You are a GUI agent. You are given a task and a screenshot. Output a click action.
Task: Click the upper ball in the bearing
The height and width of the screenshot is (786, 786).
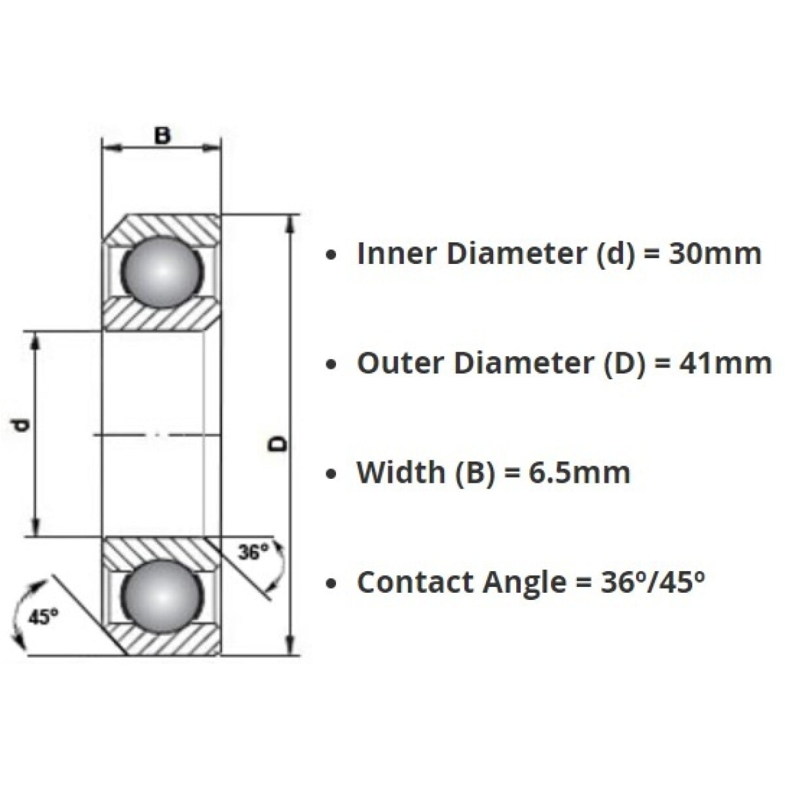(x=160, y=271)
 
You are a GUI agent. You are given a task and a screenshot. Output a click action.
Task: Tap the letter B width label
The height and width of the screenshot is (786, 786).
(x=161, y=136)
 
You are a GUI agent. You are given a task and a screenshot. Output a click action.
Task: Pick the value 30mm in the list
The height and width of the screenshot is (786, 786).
(x=715, y=253)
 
